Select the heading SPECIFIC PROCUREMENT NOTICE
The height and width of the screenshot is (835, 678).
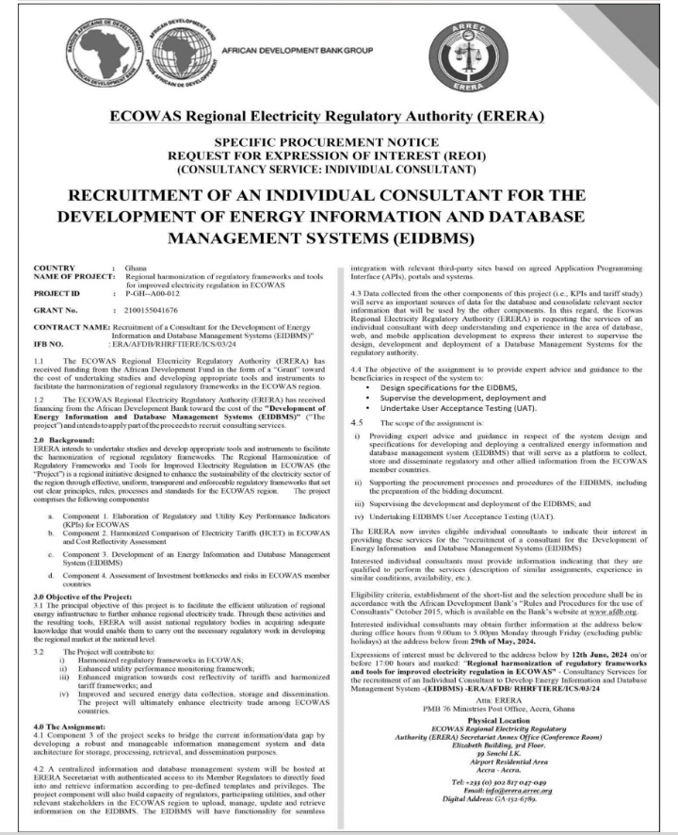click(x=340, y=139)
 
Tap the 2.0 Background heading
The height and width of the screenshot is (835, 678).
click(x=63, y=440)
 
